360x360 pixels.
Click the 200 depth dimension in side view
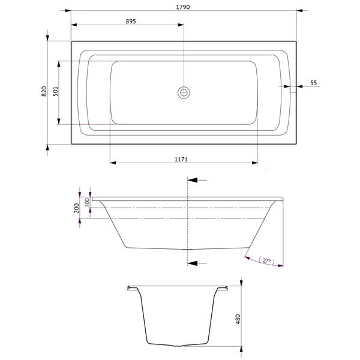(76, 208)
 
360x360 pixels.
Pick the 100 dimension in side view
(87, 202)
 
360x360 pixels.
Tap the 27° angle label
(266, 261)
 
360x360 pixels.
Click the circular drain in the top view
(184, 92)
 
